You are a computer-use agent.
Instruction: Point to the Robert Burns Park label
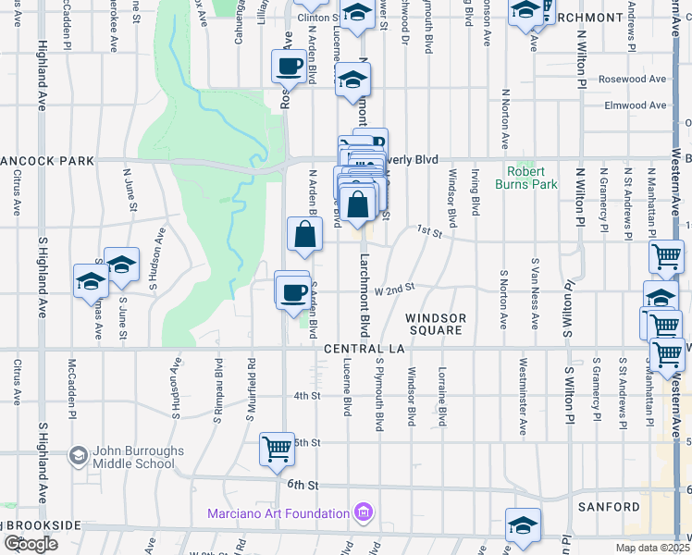[532, 178]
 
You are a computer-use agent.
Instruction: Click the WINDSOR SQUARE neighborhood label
[436, 324]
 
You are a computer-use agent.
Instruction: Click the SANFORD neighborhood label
[608, 507]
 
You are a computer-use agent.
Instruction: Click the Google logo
[31, 544]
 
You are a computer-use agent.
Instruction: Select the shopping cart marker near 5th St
[278, 449]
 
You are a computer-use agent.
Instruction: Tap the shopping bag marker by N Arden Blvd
[304, 238]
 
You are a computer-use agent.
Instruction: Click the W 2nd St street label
[393, 290]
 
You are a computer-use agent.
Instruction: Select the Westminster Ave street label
[524, 388]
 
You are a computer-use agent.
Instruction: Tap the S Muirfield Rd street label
[250, 390]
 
